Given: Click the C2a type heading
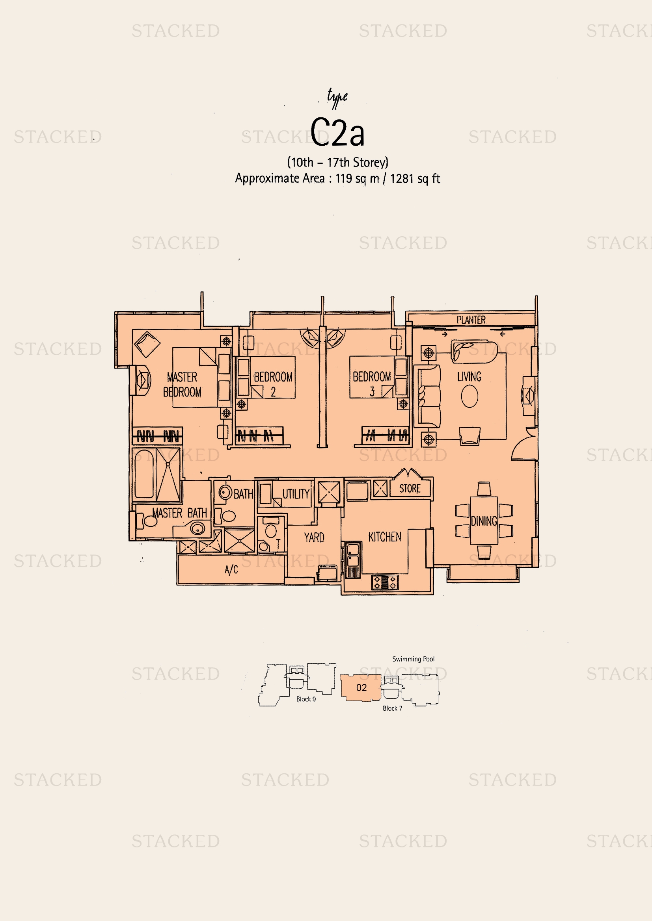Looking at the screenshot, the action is coord(337,132).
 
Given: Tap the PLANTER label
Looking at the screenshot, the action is coord(471,320).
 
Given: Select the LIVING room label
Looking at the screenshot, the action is coord(469,376).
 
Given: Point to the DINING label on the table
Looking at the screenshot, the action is coord(484,521).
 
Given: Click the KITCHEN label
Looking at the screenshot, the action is coord(385,537).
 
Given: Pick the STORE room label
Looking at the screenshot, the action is coord(410,489).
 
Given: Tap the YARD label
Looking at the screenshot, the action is coord(314,537).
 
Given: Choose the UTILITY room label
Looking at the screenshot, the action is coord(296,494).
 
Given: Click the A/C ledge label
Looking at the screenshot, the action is coord(231,569).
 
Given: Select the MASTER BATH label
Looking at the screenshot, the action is coord(179,513).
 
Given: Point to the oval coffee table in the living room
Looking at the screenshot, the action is coord(469,397).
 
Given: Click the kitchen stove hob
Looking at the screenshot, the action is coord(385,582).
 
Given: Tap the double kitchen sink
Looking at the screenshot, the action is coord(353,555).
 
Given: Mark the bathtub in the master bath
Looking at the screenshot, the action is coord(144,474).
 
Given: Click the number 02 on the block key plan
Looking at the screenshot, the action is coord(361,688).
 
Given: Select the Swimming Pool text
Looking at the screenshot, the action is coord(413,659).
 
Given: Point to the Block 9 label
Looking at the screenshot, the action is coord(306,699).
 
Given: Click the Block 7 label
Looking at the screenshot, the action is coord(392,708).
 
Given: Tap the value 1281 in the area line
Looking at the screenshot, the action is coord(402,178).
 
